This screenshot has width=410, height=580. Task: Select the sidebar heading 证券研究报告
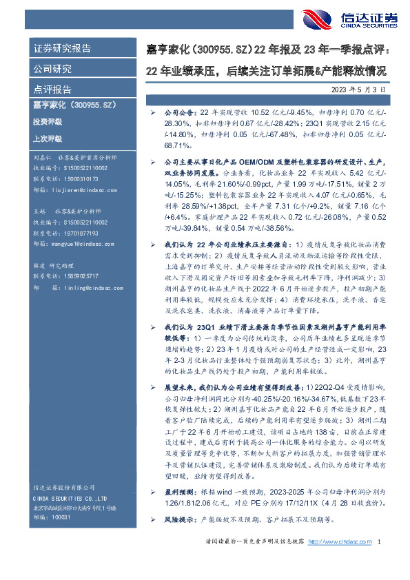click(63, 48)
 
